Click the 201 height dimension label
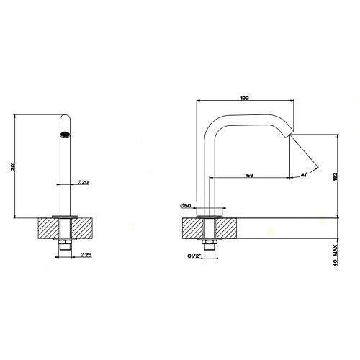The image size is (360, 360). click(x=13, y=166)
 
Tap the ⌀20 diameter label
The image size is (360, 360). click(x=83, y=182)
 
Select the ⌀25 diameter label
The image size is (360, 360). click(x=86, y=255)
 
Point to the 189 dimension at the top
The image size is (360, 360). click(x=245, y=98)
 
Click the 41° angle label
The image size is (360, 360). click(x=305, y=175)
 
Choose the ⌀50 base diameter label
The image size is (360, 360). click(x=185, y=206)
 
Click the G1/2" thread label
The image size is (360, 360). click(x=194, y=256)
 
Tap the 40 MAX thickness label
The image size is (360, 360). click(x=336, y=255)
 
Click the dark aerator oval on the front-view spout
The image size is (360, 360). click(x=65, y=135)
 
